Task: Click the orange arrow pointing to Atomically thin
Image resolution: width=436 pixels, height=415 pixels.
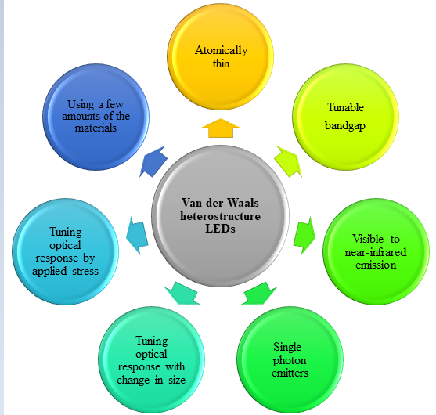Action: [x=221, y=128]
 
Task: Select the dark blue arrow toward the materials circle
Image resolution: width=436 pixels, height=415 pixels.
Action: [x=153, y=161]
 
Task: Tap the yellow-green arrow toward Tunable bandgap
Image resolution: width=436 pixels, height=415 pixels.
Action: [x=288, y=161]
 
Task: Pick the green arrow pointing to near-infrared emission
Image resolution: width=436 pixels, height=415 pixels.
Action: [x=304, y=236]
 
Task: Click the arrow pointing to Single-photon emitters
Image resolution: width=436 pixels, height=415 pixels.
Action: [x=259, y=294]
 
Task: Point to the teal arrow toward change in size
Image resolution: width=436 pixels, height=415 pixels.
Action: [x=182, y=294]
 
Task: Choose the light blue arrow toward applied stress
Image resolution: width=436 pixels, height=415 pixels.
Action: [x=137, y=236]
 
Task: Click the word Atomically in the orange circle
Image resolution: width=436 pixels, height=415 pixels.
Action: [x=221, y=51]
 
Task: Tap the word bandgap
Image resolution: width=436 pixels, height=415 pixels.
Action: [x=345, y=126]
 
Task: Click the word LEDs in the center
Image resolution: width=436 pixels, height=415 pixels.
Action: [x=220, y=229]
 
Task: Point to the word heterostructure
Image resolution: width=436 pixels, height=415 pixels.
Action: [x=220, y=216]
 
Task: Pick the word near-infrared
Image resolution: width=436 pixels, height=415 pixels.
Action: [x=376, y=252]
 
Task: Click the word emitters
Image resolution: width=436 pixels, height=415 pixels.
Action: [x=290, y=373]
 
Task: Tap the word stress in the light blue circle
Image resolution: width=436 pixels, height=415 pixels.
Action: [x=85, y=271]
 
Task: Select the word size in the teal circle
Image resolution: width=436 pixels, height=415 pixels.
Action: [x=177, y=380]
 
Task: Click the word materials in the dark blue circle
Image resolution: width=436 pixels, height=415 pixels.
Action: [x=95, y=128]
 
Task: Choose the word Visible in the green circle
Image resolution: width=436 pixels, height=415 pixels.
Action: [x=368, y=239]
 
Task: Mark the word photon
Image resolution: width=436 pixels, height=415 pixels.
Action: [x=290, y=360]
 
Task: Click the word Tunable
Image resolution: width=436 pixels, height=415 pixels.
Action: [x=346, y=107]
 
